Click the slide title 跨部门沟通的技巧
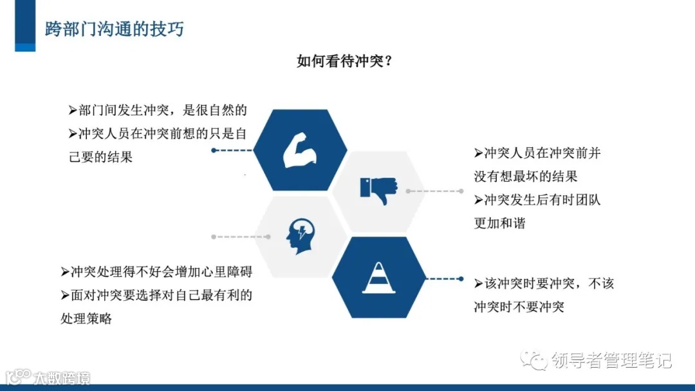[114, 29]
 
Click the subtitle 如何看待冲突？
[345, 61]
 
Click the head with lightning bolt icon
[301, 236]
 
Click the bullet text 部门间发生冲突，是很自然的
[158, 110]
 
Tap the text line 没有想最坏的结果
[525, 176]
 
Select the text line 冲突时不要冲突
[519, 307]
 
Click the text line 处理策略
[86, 318]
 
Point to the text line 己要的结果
[100, 157]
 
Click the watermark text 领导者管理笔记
[611, 360]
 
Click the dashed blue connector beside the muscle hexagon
[233, 150]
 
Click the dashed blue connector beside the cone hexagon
[445, 279]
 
